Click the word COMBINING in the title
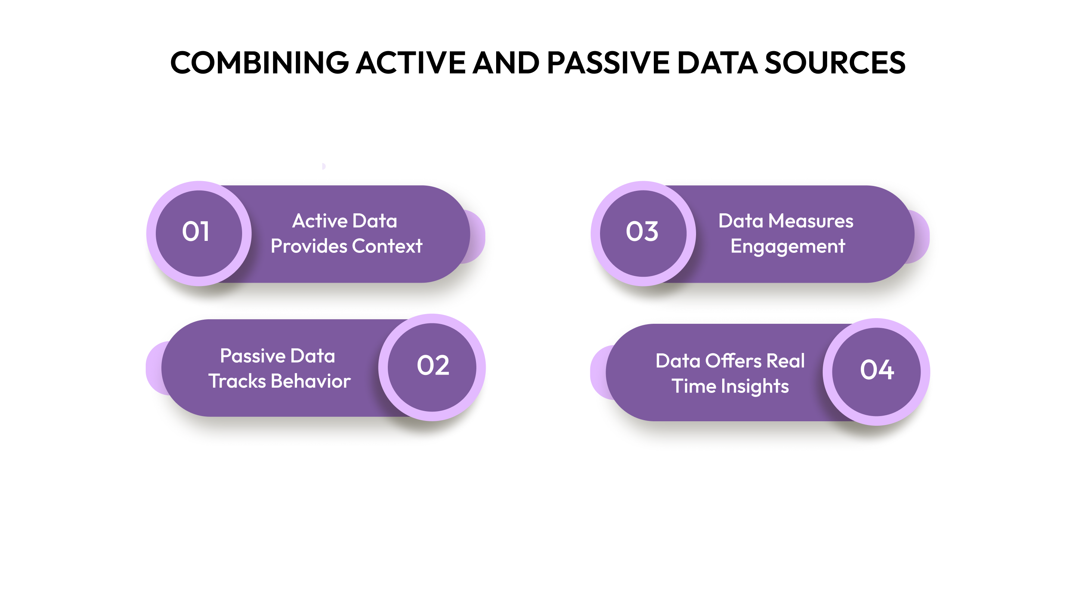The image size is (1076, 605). pyautogui.click(x=259, y=63)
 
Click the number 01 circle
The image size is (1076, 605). pyautogui.click(x=199, y=233)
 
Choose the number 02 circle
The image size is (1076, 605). pyautogui.click(x=432, y=367)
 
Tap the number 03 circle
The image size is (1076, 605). pyautogui.click(x=643, y=233)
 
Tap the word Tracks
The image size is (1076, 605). pyautogui.click(x=237, y=381)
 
